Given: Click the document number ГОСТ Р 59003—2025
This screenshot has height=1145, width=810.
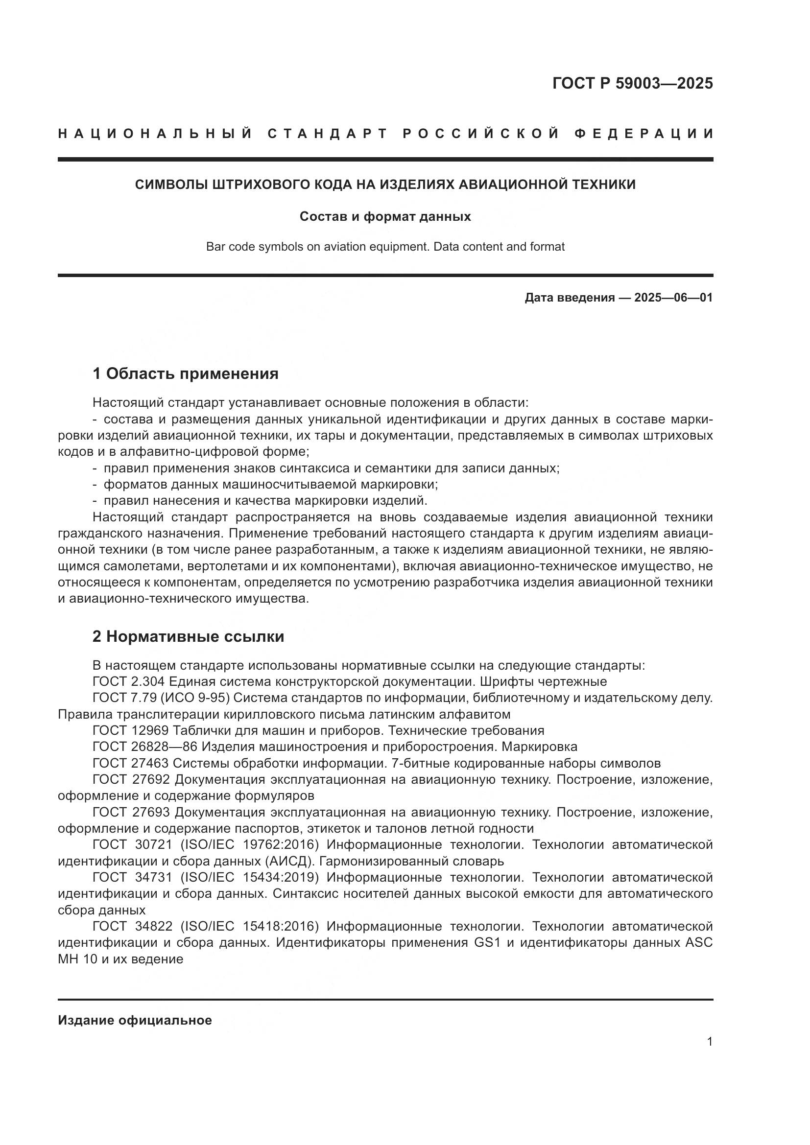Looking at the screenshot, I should click(x=632, y=83).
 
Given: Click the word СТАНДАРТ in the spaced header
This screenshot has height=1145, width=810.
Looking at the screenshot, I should click(x=328, y=134).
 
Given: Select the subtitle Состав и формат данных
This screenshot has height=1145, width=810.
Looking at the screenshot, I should click(x=385, y=216).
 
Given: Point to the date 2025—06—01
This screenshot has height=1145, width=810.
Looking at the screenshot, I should click(x=673, y=298).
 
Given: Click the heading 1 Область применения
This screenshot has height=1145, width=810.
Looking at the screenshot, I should click(x=185, y=374).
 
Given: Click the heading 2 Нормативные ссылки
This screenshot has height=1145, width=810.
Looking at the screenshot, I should click(x=188, y=636).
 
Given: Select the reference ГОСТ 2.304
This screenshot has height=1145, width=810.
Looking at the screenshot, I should click(x=131, y=681).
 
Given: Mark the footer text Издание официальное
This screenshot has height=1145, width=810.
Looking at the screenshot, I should click(x=135, y=1020).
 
